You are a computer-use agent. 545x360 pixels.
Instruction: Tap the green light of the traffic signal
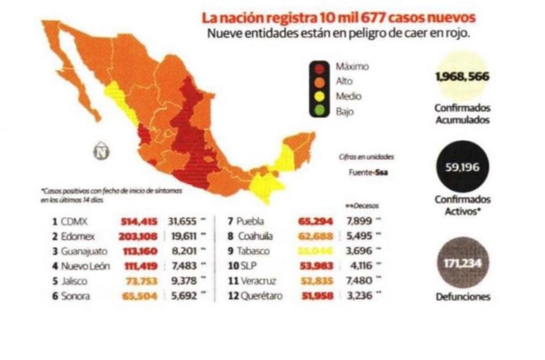(x=320, y=111)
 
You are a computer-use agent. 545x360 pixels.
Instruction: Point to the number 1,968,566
(x=462, y=77)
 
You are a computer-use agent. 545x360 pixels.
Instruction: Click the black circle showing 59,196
(x=462, y=166)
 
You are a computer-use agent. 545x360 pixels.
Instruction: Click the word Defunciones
(x=463, y=296)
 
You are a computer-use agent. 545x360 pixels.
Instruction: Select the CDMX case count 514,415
(x=141, y=222)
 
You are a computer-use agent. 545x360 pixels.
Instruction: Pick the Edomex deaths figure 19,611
(x=185, y=237)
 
